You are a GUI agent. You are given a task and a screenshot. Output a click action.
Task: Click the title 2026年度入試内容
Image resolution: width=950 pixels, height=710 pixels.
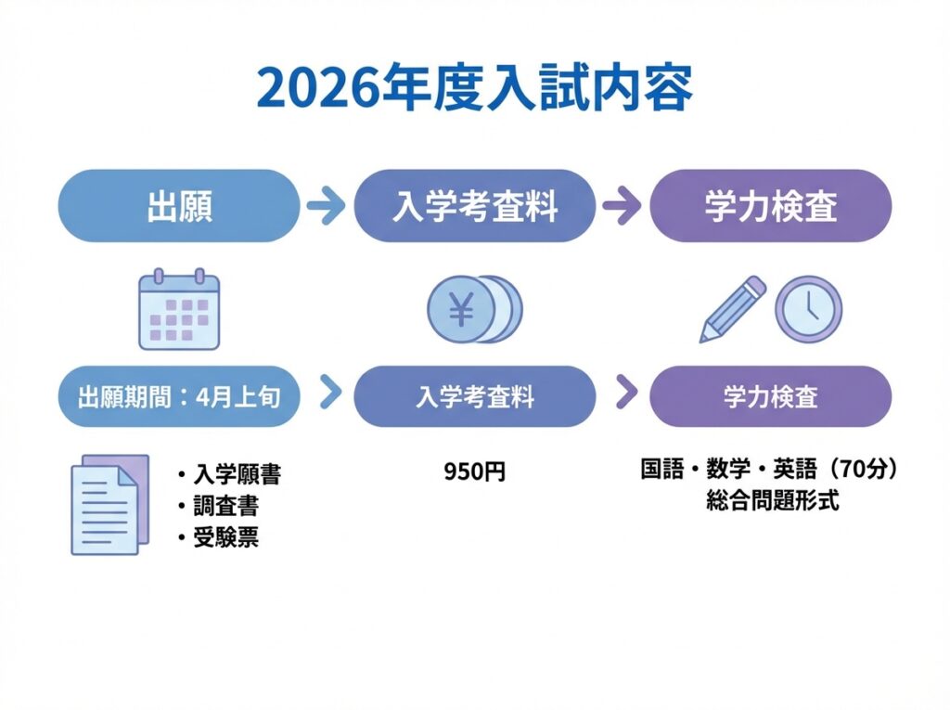click(x=474, y=89)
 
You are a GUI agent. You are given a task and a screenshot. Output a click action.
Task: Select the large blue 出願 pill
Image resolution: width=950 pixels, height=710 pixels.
click(x=179, y=206)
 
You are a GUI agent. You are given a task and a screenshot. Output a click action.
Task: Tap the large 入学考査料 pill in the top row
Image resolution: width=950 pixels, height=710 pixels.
click(x=475, y=206)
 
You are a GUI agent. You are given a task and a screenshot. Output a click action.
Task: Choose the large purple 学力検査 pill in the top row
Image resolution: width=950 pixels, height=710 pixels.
click(x=771, y=206)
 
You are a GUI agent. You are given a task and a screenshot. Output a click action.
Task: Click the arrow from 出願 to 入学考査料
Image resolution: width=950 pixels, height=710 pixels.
click(x=326, y=206)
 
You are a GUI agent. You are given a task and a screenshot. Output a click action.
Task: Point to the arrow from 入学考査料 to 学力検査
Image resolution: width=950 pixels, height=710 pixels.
click(x=622, y=206)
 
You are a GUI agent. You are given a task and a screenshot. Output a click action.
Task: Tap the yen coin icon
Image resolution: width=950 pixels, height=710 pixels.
click(x=473, y=310)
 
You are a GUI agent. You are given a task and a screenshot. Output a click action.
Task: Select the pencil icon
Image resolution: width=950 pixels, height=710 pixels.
click(x=733, y=308)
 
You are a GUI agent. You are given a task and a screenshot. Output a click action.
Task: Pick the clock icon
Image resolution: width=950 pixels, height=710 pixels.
click(x=808, y=309)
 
